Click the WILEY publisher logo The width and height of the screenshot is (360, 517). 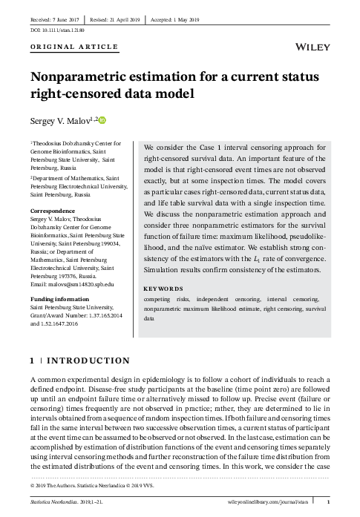click(x=312, y=45)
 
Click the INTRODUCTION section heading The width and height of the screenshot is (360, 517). click(x=88, y=361)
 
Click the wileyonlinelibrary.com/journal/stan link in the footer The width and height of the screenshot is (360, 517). click(x=274, y=503)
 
